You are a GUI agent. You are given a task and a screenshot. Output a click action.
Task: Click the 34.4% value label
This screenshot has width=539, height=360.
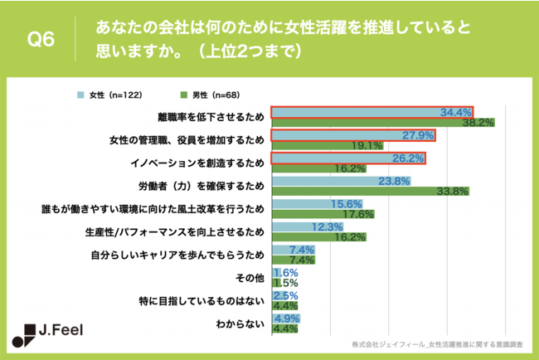(455, 111)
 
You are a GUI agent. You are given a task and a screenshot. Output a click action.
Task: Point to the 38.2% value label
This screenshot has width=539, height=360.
(478, 122)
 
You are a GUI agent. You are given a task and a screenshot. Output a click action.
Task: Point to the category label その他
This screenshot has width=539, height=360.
(253, 278)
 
